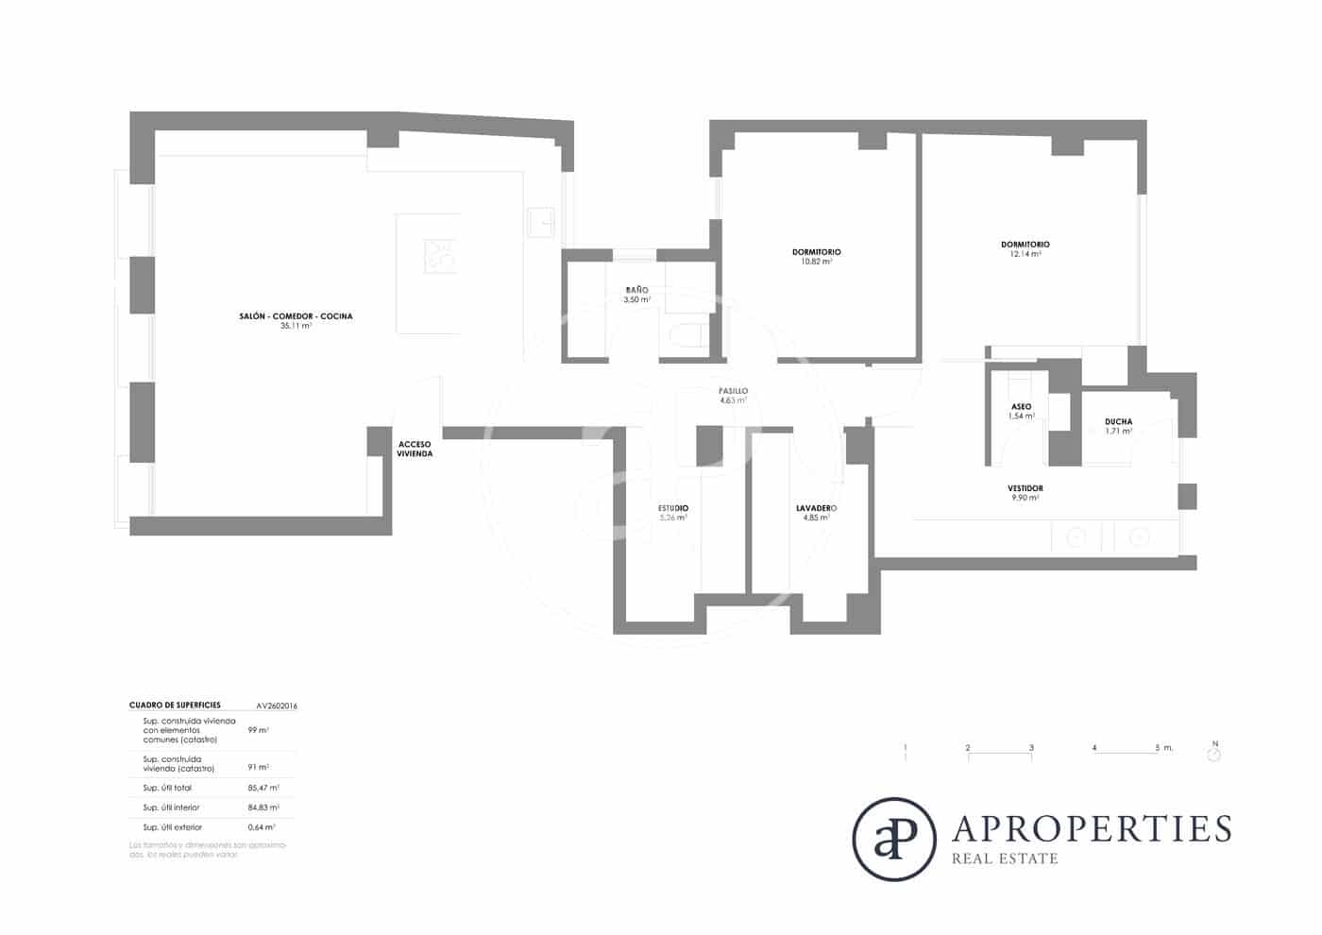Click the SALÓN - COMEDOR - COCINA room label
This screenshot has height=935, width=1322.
(296, 316)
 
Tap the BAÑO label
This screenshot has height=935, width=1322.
(636, 290)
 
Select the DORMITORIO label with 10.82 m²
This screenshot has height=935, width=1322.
(816, 252)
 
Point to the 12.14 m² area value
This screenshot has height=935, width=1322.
(1025, 254)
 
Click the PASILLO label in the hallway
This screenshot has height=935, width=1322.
(733, 390)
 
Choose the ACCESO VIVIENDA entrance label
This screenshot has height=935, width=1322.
(415, 449)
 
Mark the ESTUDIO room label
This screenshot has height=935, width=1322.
(672, 508)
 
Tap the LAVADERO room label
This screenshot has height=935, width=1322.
(816, 508)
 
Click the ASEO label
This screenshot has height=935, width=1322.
(1021, 407)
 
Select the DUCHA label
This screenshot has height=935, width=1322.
(1118, 421)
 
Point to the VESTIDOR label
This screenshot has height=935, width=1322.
(1025, 488)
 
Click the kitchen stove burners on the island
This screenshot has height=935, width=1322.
(439, 256)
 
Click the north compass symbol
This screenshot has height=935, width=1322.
(1214, 754)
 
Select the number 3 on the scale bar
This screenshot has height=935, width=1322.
(1031, 748)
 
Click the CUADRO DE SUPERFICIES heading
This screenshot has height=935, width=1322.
(175, 705)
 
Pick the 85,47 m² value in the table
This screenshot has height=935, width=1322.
(263, 788)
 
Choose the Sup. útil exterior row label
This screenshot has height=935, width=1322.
(172, 827)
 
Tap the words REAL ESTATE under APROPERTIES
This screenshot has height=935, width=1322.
(1004, 858)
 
